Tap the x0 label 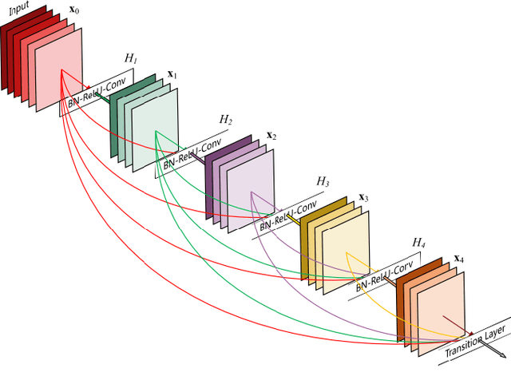tap(74, 13)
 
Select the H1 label tap(130, 58)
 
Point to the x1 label tap(172, 74)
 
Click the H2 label tap(226, 120)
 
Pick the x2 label tap(271, 135)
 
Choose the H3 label tap(322, 181)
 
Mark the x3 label tap(364, 196)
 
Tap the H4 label tap(418, 241)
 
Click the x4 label tap(460, 258)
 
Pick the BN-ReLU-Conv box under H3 tap(284, 214)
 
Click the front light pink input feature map tap(58, 67)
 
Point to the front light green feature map tap(155, 133)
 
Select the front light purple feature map tap(251, 191)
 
